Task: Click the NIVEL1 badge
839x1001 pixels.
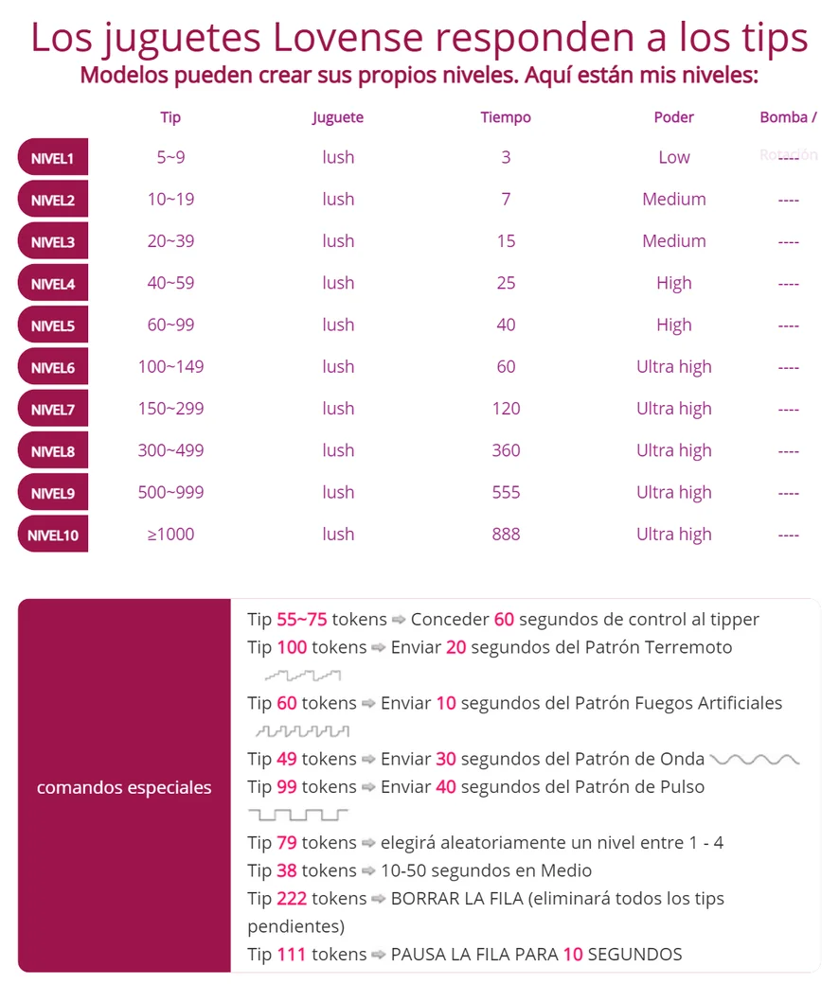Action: click(52, 158)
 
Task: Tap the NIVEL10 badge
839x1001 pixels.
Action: click(52, 535)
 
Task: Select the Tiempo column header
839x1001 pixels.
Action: click(506, 117)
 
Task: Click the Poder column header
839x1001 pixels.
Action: click(673, 117)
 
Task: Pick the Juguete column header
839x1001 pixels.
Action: click(338, 117)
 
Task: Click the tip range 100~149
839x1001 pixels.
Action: click(170, 367)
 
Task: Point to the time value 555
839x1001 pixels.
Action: click(506, 493)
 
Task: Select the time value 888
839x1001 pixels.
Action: click(506, 535)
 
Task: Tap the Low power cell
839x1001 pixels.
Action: click(673, 158)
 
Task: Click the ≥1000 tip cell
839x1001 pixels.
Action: click(170, 535)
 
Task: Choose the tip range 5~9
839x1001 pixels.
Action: click(170, 158)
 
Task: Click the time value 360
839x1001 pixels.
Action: click(506, 451)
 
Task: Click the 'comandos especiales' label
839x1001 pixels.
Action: click(124, 787)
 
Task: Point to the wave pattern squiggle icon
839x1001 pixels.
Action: click(755, 759)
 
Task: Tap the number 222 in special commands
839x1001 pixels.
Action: click(292, 899)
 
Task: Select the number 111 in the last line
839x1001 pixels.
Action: click(292, 954)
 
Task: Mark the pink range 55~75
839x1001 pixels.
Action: click(302, 620)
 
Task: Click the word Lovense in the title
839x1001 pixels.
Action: click(348, 38)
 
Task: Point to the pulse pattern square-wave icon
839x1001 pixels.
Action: click(298, 814)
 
